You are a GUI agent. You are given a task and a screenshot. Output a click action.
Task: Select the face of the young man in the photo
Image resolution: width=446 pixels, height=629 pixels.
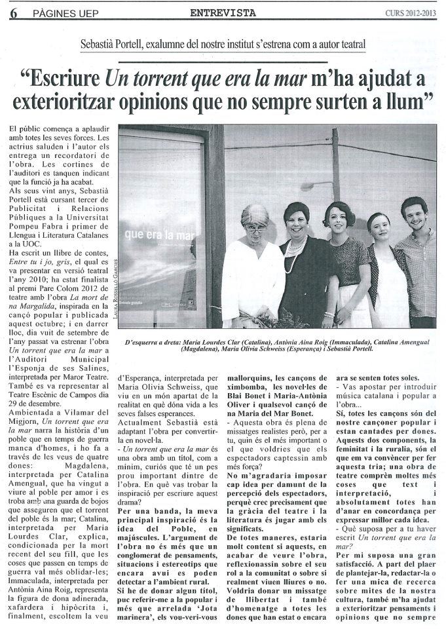414,216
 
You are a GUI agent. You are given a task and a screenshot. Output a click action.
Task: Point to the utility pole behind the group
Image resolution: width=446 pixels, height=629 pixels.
335,164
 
